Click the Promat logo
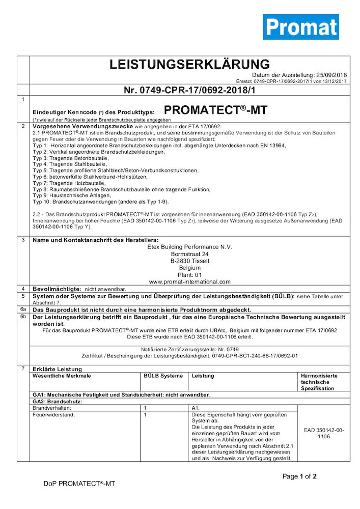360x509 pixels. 300,27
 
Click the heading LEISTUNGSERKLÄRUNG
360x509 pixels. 189,65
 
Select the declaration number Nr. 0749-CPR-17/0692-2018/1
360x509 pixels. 189,91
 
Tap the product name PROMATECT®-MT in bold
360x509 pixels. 216,110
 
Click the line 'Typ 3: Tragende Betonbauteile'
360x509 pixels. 70,158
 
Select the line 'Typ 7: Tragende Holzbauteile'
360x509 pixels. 69,183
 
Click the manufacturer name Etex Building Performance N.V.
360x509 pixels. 189,247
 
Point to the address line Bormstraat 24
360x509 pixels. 189,254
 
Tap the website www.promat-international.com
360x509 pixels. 189,281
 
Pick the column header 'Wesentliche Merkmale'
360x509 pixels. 62,376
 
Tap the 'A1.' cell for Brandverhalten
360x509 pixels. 196,408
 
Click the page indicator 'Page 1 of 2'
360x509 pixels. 299,476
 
